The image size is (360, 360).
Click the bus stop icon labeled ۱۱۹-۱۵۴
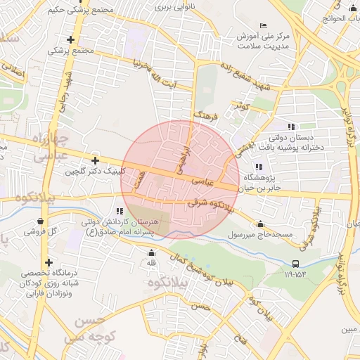coord(295,264)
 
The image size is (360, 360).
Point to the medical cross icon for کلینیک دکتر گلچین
coord(95,161)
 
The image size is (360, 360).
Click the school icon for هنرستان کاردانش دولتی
coord(120,210)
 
